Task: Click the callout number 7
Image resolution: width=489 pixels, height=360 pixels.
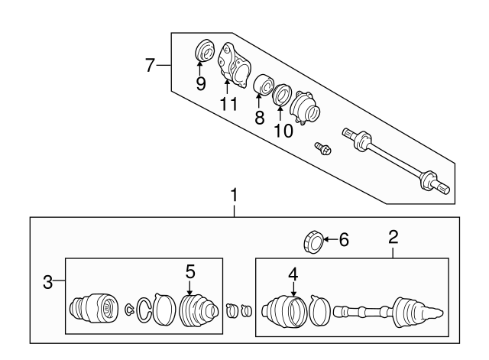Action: click(150, 65)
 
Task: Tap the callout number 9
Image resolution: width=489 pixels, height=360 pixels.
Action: click(201, 83)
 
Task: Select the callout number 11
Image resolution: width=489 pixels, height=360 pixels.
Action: click(228, 104)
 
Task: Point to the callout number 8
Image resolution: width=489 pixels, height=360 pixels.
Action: click(260, 118)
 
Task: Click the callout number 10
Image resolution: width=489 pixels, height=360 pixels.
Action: click(283, 131)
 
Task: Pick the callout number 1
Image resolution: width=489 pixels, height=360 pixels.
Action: click(234, 195)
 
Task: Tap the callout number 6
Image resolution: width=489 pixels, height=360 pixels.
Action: click(344, 240)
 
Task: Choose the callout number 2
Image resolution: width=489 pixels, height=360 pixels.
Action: click(393, 237)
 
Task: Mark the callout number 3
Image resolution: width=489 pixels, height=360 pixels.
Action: click(47, 282)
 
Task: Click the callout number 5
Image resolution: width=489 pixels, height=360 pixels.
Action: click(190, 271)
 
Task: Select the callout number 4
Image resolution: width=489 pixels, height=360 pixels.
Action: click(293, 274)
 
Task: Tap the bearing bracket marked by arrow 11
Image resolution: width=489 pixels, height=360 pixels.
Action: click(234, 65)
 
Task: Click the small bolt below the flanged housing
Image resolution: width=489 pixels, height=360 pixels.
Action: click(322, 149)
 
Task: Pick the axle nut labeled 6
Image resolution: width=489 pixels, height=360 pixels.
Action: click(313, 242)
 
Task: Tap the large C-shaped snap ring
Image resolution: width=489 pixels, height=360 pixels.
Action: click(144, 310)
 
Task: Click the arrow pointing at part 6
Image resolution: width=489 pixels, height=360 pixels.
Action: click(330, 239)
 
